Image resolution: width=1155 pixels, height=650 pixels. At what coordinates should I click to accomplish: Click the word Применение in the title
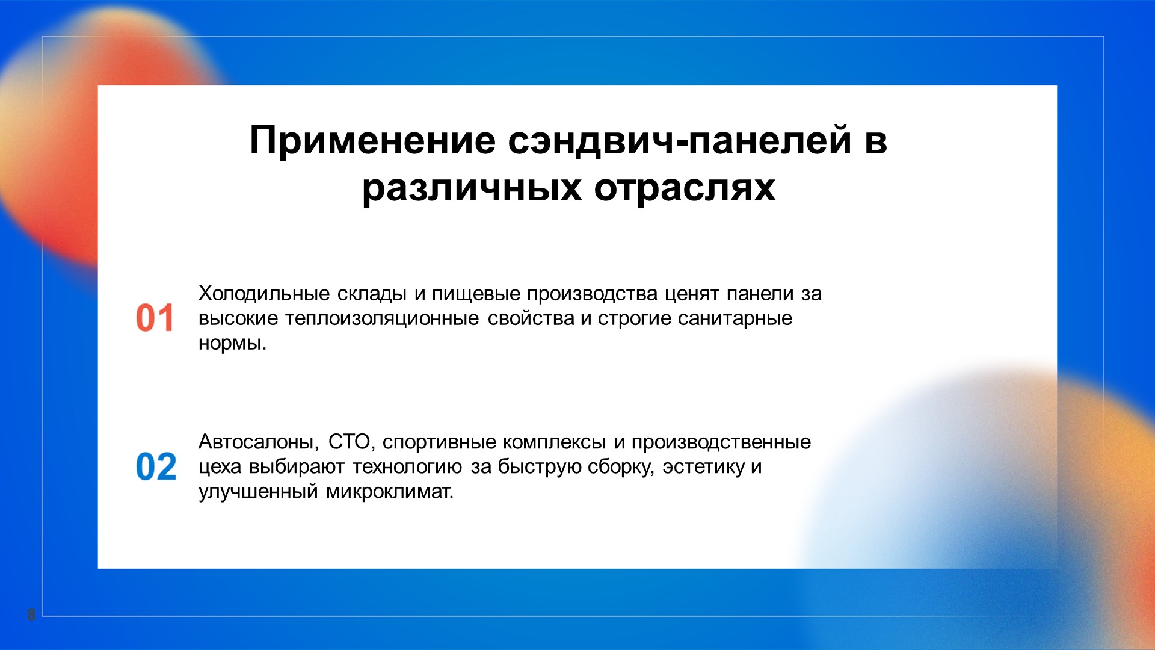pos(373,141)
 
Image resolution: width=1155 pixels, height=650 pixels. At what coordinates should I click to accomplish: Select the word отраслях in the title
pos(685,188)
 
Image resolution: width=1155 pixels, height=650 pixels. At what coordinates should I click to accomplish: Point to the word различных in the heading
pos(472,188)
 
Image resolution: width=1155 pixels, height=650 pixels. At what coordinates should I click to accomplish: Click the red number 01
pos(155,318)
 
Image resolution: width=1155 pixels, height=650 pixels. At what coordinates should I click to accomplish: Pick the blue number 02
pos(156,466)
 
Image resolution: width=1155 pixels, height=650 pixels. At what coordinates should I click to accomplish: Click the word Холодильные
pos(264,294)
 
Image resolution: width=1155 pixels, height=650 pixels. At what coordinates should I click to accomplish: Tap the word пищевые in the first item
pos(476,294)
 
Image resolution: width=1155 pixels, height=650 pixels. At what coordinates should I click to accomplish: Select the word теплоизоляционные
pos(382,318)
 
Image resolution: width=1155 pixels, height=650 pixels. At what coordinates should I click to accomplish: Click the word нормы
pos(232,344)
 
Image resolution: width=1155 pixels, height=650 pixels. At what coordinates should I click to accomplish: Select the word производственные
pos(721,443)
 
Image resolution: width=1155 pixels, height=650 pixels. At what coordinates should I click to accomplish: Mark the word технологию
pos(407,467)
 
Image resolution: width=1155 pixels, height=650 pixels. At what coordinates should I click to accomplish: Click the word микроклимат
pos(390,492)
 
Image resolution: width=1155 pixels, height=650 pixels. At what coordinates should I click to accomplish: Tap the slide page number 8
pos(31,614)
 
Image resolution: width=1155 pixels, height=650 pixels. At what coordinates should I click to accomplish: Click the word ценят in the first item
pos(692,294)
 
